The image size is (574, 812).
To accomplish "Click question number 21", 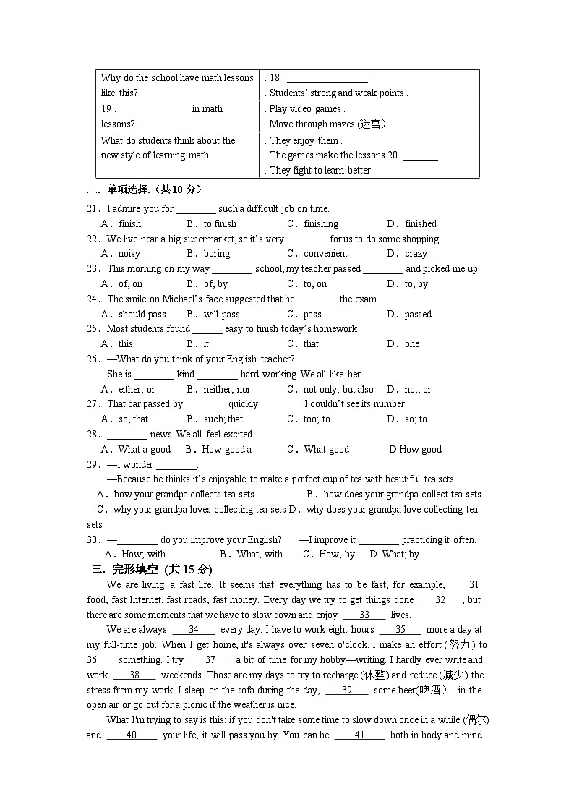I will tap(93, 209).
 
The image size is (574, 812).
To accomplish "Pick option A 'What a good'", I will tap(144, 450).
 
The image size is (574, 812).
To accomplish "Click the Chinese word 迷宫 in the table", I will tap(372, 124).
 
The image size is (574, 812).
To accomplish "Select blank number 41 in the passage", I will tap(359, 735).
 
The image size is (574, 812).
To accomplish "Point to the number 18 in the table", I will tap(275, 78).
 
